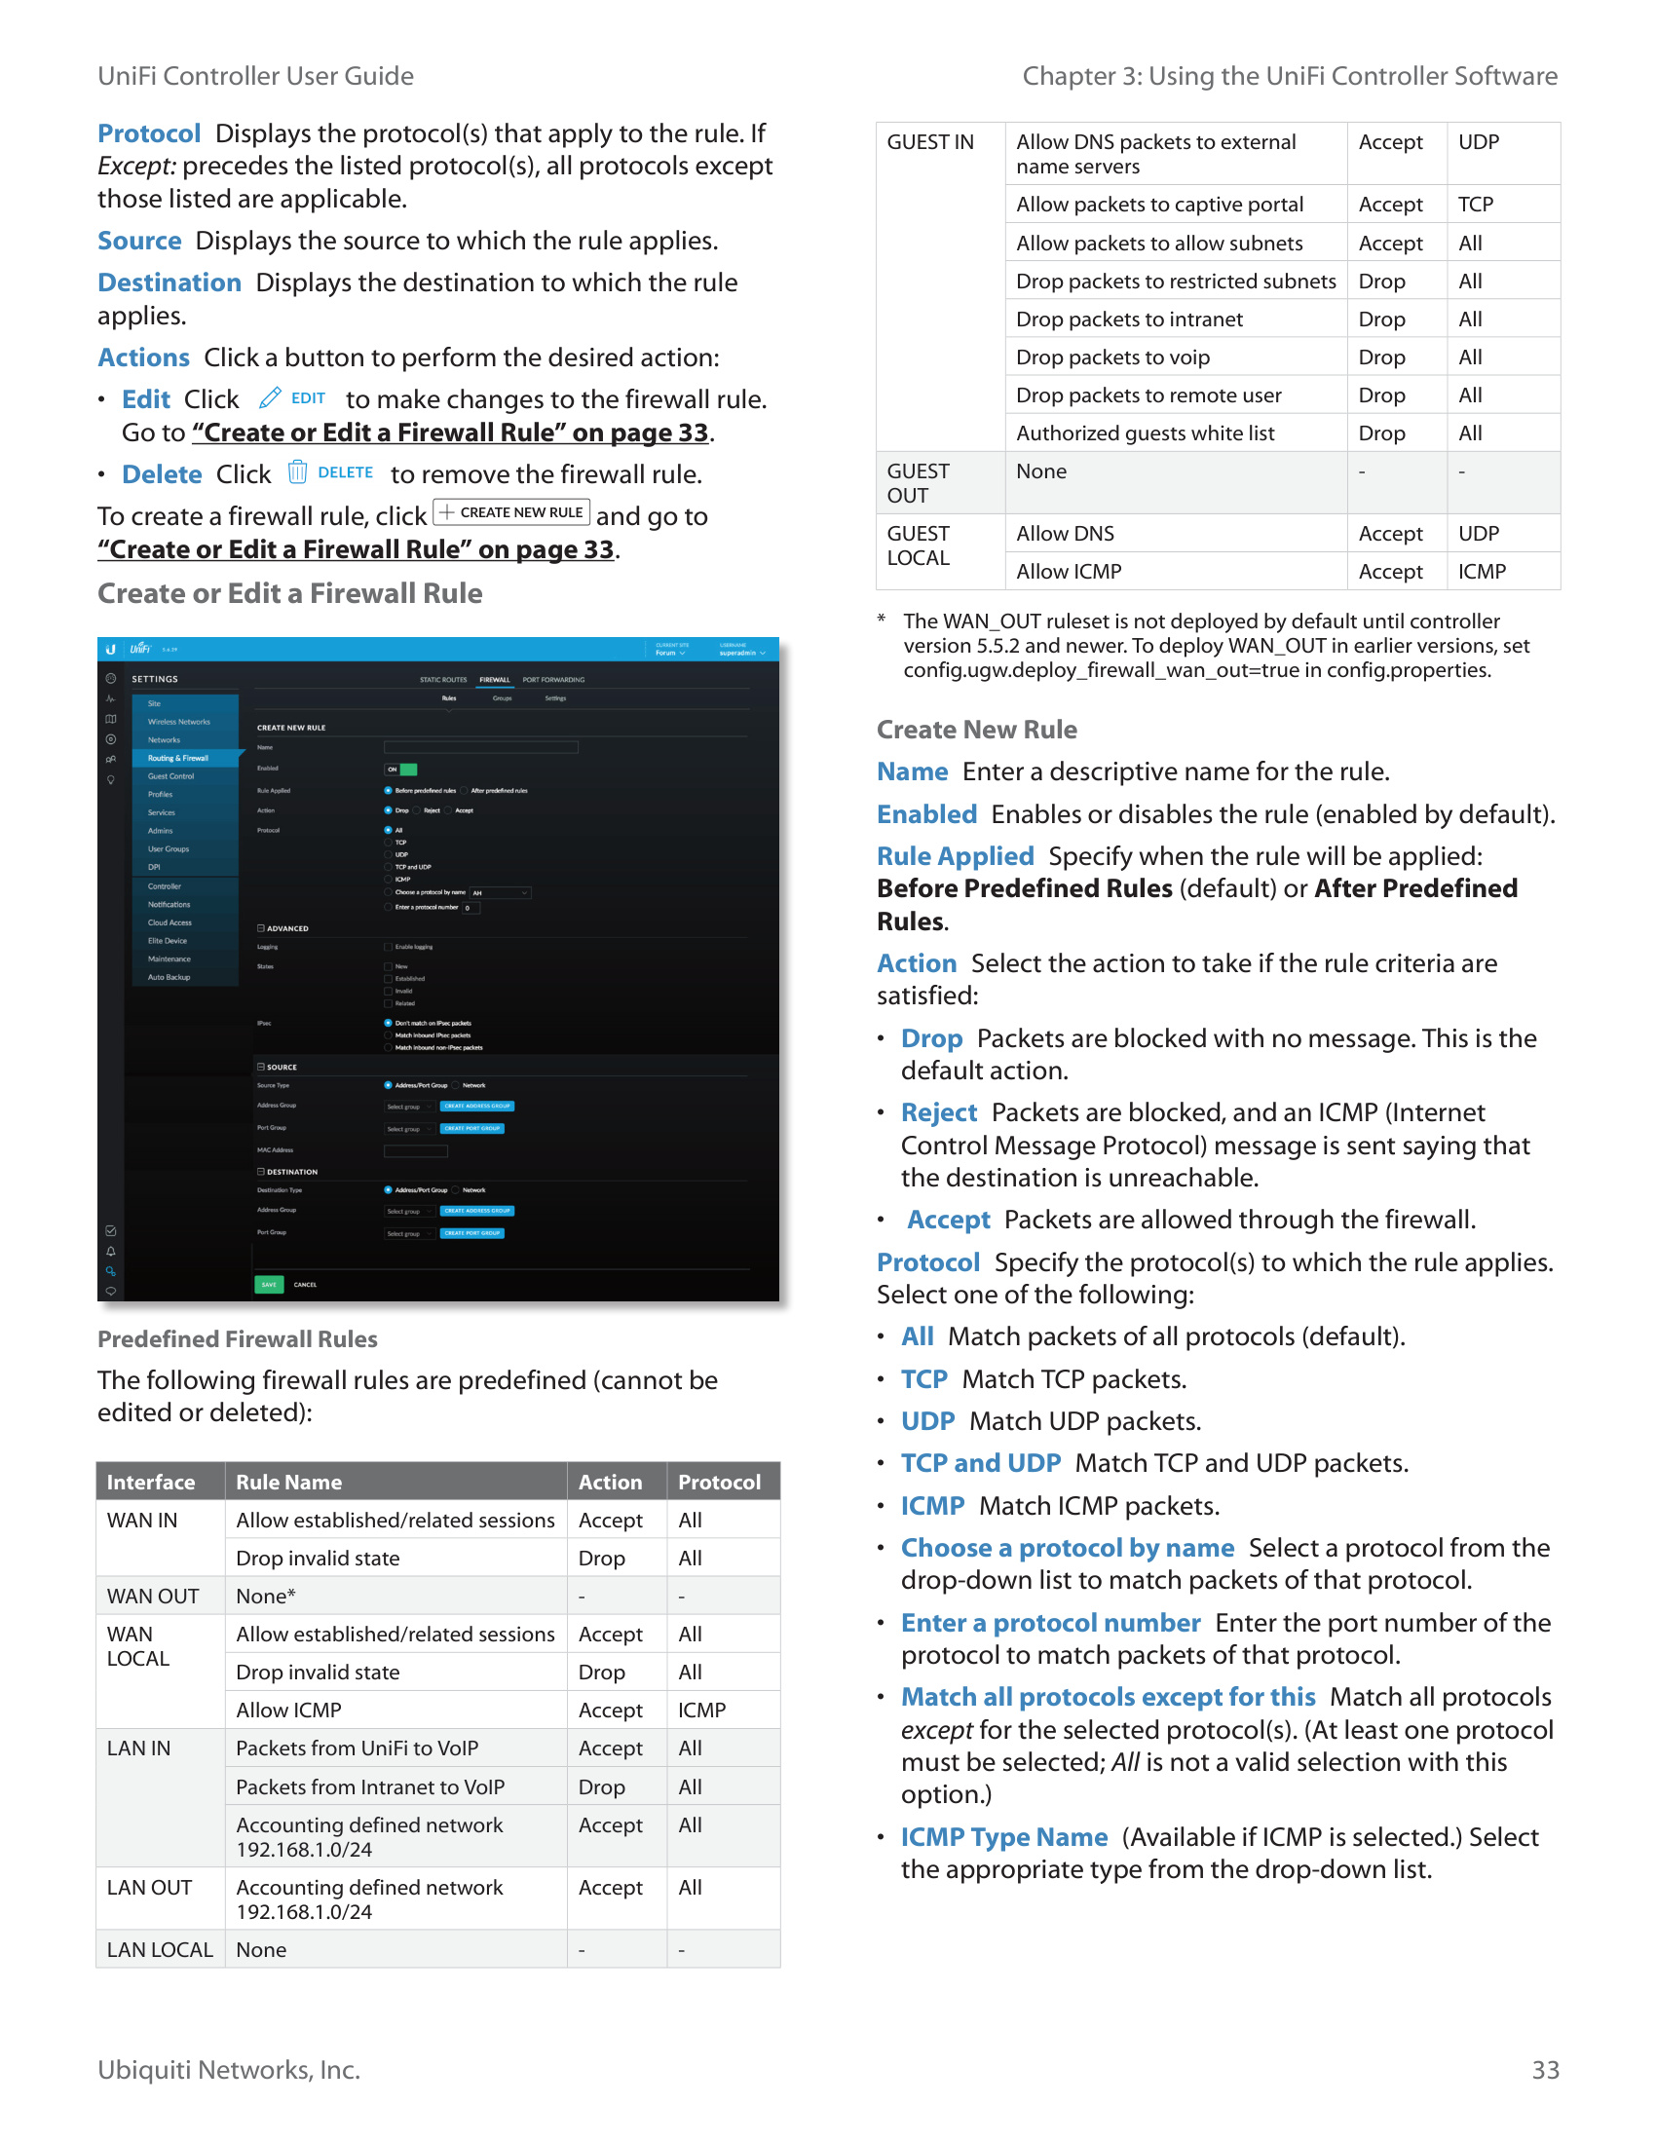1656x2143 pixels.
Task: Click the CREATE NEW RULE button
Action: [x=511, y=512]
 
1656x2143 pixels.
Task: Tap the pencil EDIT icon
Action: [x=270, y=398]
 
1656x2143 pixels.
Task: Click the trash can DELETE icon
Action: [x=297, y=473]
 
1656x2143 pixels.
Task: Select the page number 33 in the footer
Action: [x=1544, y=2069]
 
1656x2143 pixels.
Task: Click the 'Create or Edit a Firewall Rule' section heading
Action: [x=289, y=593]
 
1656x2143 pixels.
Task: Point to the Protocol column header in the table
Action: [x=719, y=1482]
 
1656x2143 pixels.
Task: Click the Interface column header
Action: [x=151, y=1482]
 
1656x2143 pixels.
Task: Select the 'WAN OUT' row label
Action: [x=153, y=1597]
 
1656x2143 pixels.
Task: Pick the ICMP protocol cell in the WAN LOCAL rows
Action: [x=701, y=1711]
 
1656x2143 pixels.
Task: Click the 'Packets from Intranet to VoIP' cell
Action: [x=370, y=1786]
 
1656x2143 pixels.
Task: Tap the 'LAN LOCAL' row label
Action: [x=159, y=1950]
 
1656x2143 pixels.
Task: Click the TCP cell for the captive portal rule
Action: [x=1475, y=205]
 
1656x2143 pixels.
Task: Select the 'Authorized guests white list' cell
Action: [x=1145, y=432]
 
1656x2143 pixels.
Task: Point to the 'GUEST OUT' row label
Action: [x=919, y=483]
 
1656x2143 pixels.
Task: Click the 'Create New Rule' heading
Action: [x=976, y=730]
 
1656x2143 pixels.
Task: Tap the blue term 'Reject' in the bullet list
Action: [x=939, y=1112]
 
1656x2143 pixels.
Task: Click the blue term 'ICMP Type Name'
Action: [x=1003, y=1837]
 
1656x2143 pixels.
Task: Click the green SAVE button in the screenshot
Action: [x=269, y=1285]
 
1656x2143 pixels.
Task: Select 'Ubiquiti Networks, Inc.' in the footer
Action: [x=229, y=2069]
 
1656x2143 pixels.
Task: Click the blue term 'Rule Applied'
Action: [x=955, y=856]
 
